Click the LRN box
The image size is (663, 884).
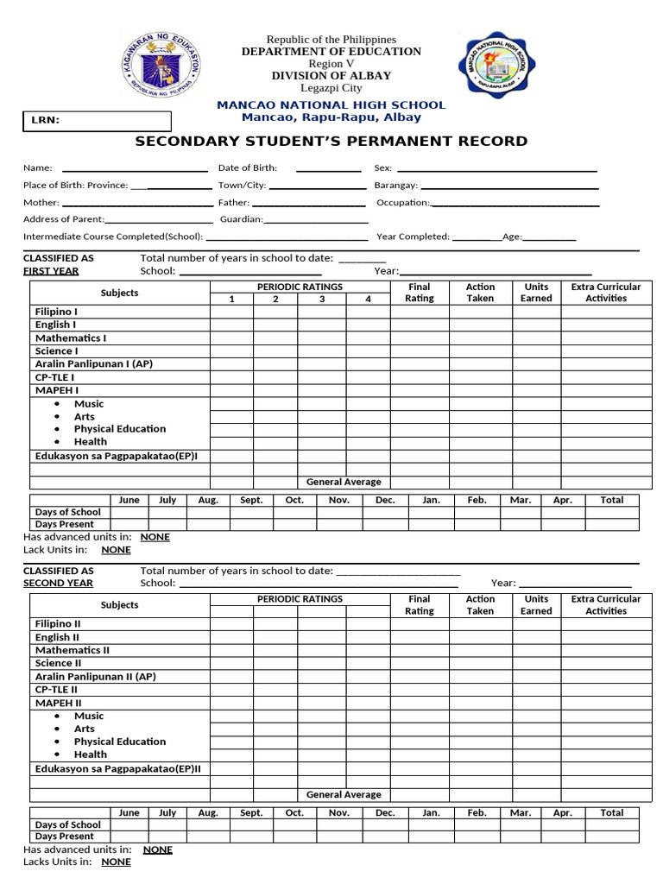[x=97, y=121]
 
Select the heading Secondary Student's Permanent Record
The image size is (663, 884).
[x=331, y=142]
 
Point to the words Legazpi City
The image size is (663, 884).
[x=331, y=88]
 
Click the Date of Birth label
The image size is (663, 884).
[x=247, y=168]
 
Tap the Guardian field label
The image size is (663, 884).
[x=241, y=219]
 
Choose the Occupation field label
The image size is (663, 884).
[x=402, y=202]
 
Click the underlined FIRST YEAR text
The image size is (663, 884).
[x=51, y=271]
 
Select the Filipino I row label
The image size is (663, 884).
[x=56, y=312]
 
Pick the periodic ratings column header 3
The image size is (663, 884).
[x=322, y=299]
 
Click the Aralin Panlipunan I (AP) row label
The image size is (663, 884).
[x=93, y=364]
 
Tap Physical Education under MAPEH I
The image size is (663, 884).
[x=119, y=429]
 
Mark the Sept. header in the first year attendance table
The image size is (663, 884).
[x=251, y=500]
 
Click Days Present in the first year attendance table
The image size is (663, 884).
[x=65, y=524]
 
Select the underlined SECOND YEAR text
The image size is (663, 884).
[x=58, y=584]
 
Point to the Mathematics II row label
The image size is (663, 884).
[x=73, y=650]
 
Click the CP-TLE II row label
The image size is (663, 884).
[x=56, y=690]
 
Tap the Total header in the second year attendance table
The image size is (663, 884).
[x=611, y=812]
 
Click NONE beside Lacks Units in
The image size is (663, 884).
[x=116, y=862]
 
